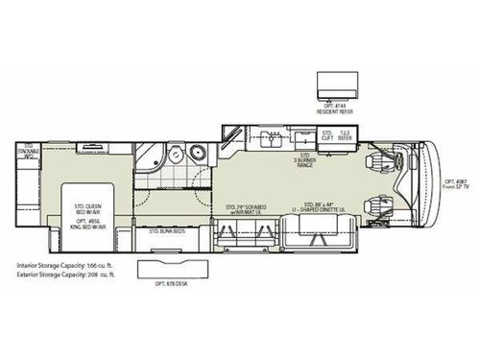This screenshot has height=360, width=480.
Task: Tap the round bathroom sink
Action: click(x=198, y=153)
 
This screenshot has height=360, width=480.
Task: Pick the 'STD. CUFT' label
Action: click(x=326, y=136)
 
